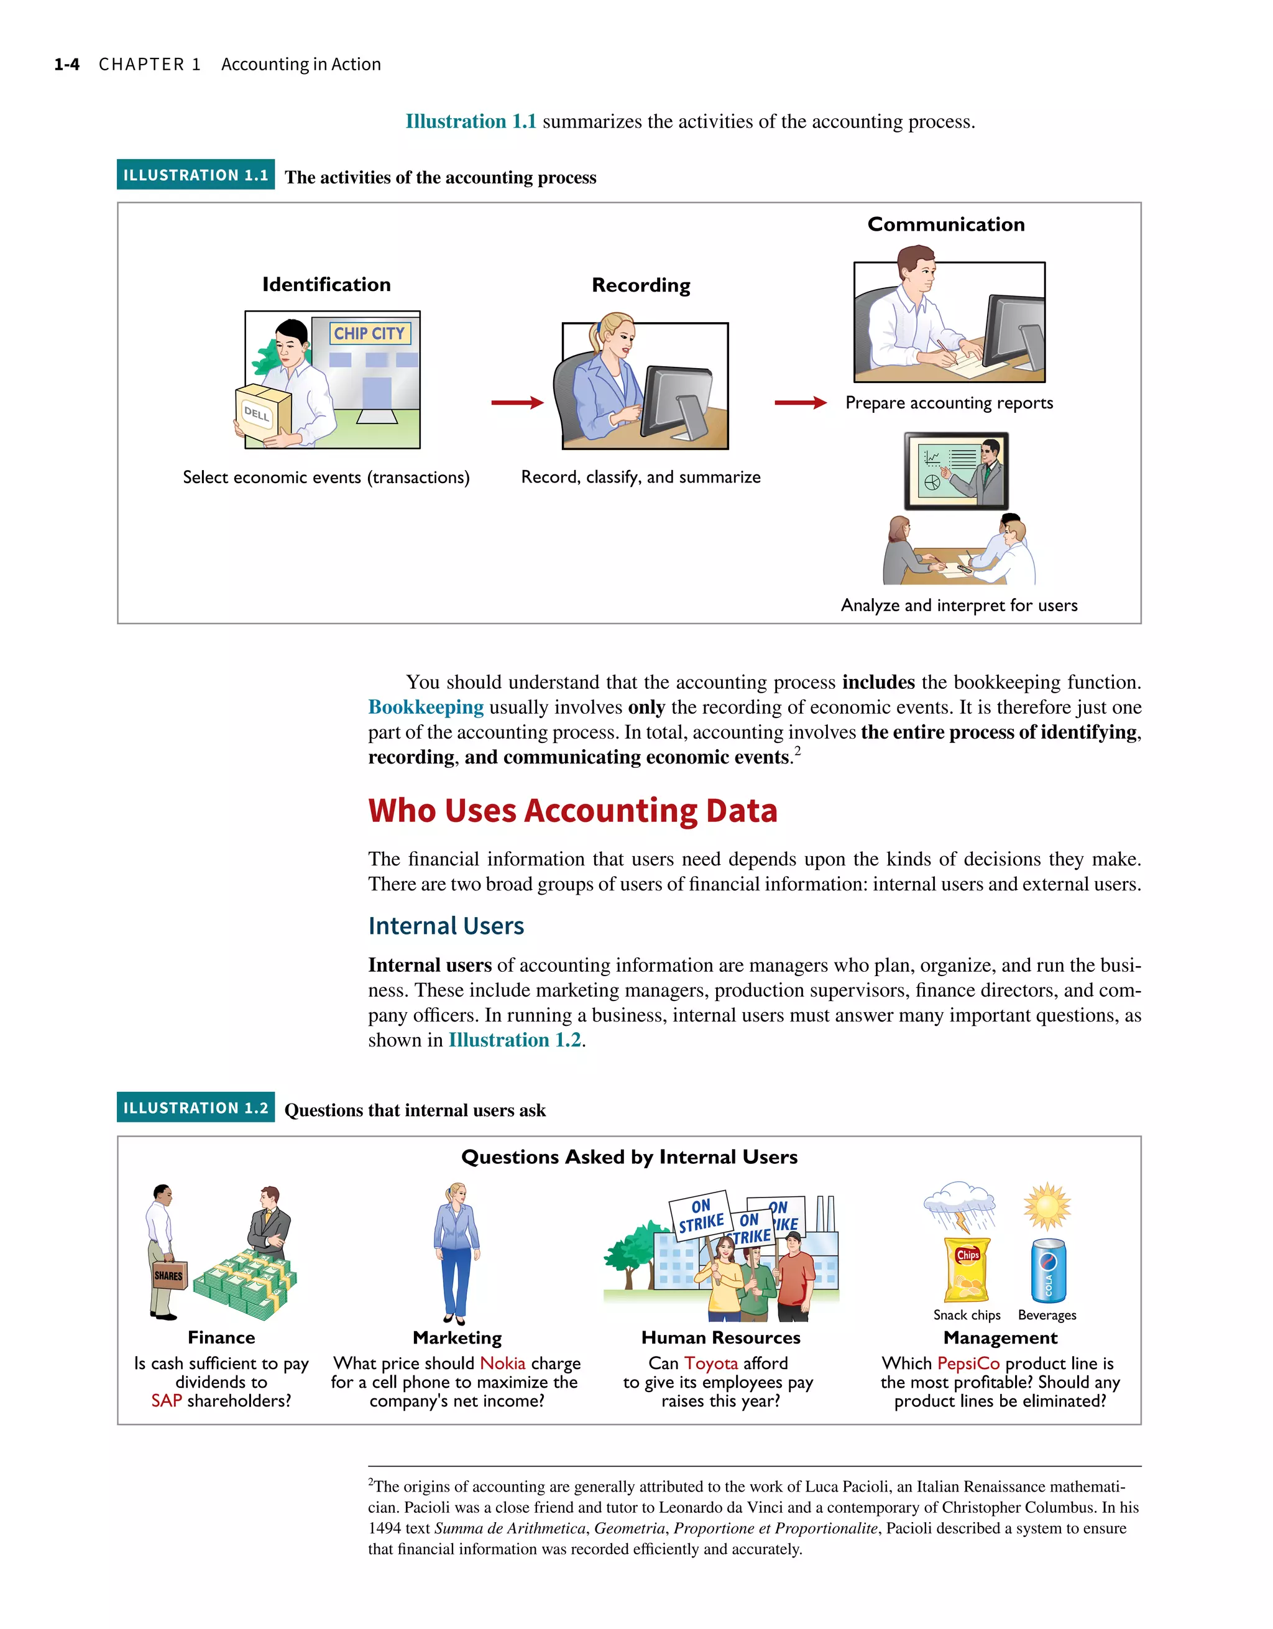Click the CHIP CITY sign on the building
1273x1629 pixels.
(369, 333)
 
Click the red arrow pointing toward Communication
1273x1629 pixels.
(800, 403)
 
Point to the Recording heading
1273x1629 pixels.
(641, 285)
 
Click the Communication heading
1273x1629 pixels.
(945, 224)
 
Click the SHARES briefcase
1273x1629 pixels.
(168, 1275)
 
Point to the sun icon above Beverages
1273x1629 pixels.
(1047, 1206)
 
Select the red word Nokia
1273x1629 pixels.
(503, 1364)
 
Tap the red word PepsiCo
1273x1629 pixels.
(968, 1364)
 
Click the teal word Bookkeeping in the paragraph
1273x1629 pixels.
(426, 707)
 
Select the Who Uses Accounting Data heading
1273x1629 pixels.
(572, 811)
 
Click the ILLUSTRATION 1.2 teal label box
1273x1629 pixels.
(195, 1107)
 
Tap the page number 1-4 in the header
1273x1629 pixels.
(67, 65)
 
